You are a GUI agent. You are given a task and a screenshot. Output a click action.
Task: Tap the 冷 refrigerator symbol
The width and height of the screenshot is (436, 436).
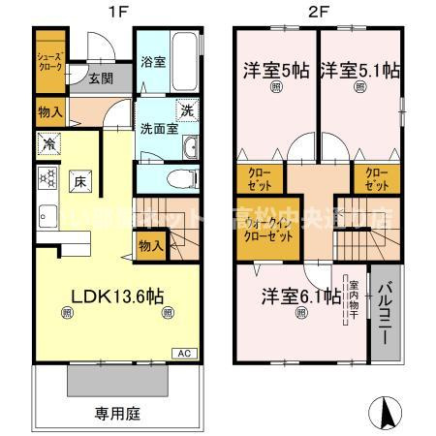coord(47,144)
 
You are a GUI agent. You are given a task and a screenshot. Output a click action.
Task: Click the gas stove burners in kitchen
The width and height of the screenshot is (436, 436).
coord(46,177)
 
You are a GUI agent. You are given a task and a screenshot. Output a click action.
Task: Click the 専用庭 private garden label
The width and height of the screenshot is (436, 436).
coord(117,414)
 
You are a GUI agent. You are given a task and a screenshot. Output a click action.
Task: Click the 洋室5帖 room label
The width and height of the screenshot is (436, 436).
coord(276,69)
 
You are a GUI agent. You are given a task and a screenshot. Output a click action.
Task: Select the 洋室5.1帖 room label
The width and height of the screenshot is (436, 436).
coord(359,69)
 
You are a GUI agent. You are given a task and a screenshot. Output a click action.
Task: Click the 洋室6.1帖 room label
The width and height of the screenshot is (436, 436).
coord(297,295)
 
